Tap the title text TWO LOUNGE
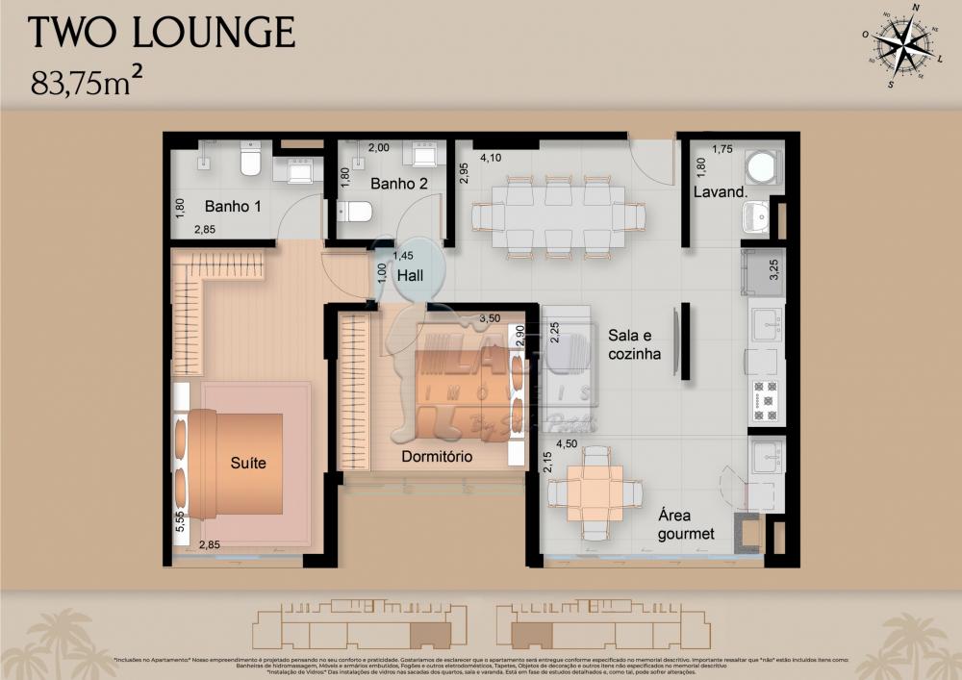(162, 33)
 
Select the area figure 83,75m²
(94, 84)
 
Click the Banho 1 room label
(232, 206)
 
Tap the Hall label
(411, 275)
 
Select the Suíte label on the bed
(248, 464)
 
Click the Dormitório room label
(437, 457)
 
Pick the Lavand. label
(721, 192)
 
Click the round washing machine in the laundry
(766, 164)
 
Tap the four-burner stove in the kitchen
(766, 400)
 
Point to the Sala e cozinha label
(634, 344)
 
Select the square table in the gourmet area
(595, 493)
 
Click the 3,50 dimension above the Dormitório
(490, 317)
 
